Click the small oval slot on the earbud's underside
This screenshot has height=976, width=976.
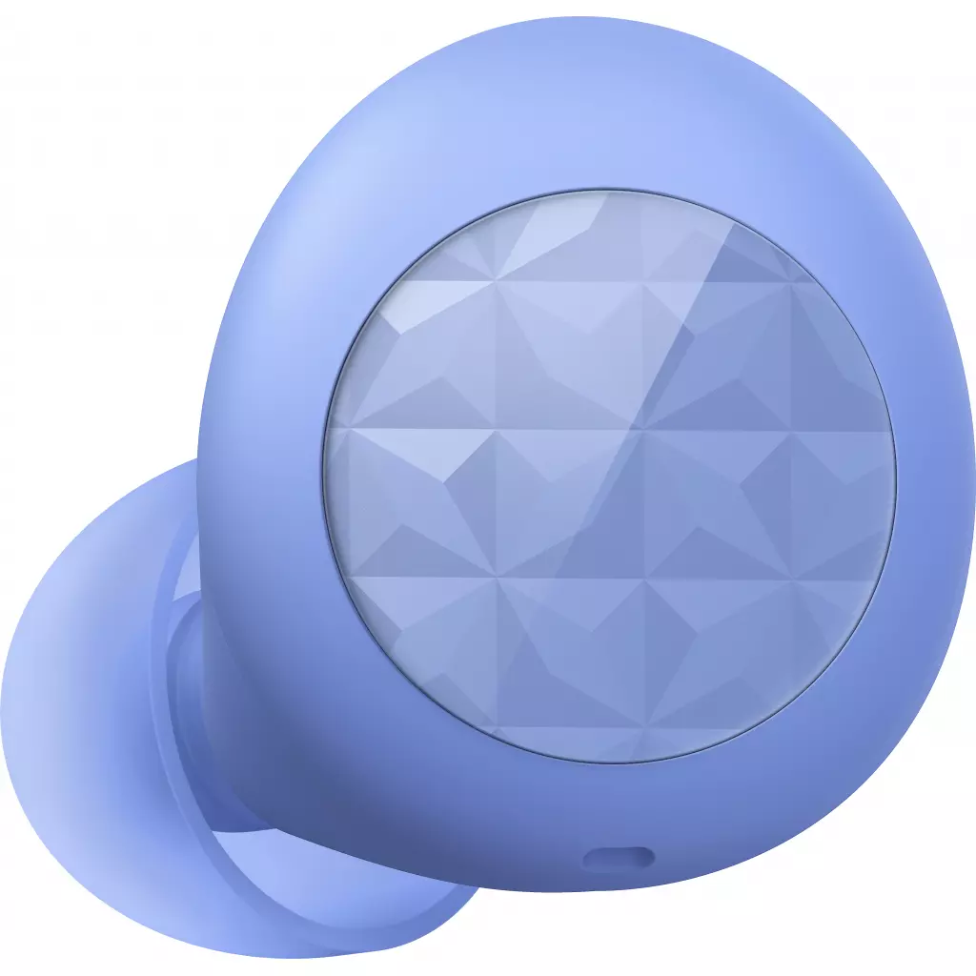click(x=619, y=859)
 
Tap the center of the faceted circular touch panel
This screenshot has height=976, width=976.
click(x=610, y=475)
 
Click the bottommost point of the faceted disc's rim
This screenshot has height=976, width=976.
click(x=610, y=763)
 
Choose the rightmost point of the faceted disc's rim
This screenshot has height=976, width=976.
click(x=897, y=477)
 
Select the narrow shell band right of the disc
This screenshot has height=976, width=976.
click(x=929, y=477)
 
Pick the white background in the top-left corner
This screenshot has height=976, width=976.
click(x=38, y=38)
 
